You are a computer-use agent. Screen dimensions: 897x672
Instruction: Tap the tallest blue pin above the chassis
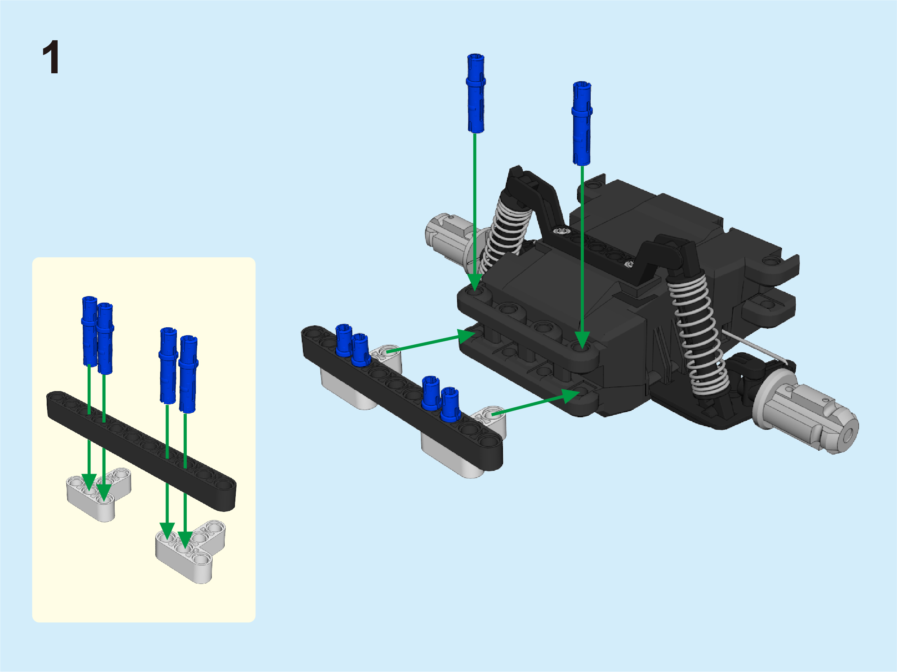pyautogui.click(x=476, y=93)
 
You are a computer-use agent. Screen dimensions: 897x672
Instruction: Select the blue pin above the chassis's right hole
pyautogui.click(x=582, y=123)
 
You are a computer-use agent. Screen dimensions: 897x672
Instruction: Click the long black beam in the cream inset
pyautogui.click(x=141, y=451)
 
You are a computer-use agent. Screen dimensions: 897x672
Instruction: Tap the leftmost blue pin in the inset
pyautogui.click(x=90, y=332)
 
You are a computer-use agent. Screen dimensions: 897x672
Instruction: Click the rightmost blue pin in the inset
pyautogui.click(x=188, y=374)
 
